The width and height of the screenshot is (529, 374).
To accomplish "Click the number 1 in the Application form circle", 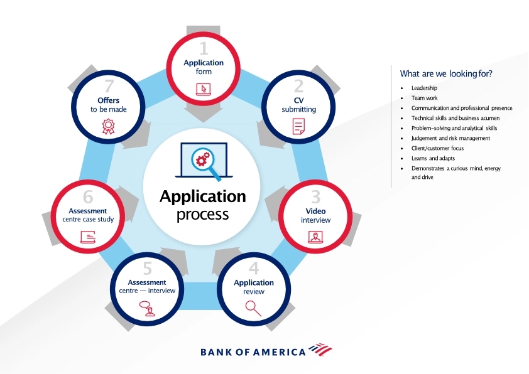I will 203,48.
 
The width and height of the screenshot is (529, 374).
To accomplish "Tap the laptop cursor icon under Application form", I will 204,88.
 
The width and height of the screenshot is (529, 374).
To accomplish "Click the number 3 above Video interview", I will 315,197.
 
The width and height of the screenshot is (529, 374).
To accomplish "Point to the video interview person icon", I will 315,237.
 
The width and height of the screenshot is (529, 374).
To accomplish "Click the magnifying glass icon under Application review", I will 253,307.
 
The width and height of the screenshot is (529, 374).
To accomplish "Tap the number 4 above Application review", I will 254,268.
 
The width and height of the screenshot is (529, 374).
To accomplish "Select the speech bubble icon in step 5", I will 147,309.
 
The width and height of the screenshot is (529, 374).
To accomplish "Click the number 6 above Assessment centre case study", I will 88,196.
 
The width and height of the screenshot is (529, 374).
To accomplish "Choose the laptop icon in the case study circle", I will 88,237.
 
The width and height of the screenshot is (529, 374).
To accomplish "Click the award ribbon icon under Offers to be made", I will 108,127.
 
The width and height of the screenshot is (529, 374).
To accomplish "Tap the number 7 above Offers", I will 108,86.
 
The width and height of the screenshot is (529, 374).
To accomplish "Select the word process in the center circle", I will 202,215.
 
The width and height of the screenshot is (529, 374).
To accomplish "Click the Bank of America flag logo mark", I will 320,350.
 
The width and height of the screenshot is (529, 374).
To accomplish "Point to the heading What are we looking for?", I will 445,73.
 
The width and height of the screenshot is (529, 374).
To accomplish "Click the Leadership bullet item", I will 424,88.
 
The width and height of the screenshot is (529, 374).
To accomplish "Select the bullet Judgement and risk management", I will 450,138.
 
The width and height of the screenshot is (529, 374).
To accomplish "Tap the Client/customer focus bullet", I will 437,148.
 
